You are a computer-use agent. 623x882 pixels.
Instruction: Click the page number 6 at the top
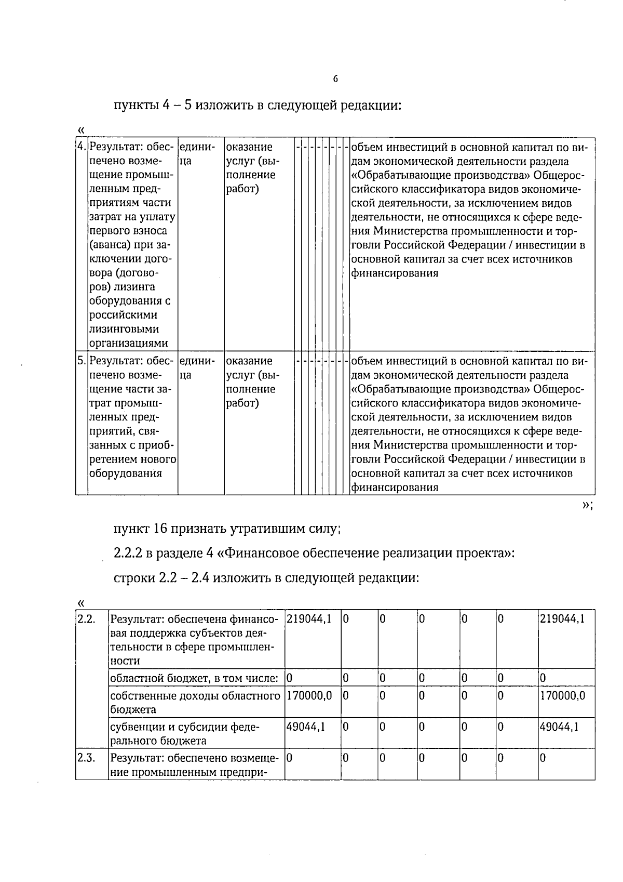pyautogui.click(x=335, y=79)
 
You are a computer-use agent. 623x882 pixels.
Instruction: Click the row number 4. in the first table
pyautogui.click(x=81, y=147)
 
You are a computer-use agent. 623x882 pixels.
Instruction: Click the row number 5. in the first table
pyautogui.click(x=81, y=361)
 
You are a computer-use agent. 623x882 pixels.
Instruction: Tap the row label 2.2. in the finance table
pyautogui.click(x=86, y=619)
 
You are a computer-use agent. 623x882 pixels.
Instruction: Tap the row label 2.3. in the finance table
pyautogui.click(x=86, y=758)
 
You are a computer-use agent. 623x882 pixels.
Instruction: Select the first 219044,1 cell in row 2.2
pyautogui.click(x=309, y=619)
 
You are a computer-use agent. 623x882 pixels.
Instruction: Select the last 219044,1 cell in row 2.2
pyautogui.click(x=562, y=619)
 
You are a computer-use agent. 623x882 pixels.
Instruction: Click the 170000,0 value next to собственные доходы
pyautogui.click(x=309, y=695)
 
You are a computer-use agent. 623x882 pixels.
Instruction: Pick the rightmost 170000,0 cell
pyautogui.click(x=563, y=695)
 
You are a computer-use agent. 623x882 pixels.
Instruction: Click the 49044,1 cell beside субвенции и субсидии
pyautogui.click(x=306, y=727)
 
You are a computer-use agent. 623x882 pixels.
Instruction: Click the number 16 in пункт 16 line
pyautogui.click(x=159, y=529)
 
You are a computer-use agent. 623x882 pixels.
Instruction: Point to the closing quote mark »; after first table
pyautogui.click(x=587, y=505)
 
